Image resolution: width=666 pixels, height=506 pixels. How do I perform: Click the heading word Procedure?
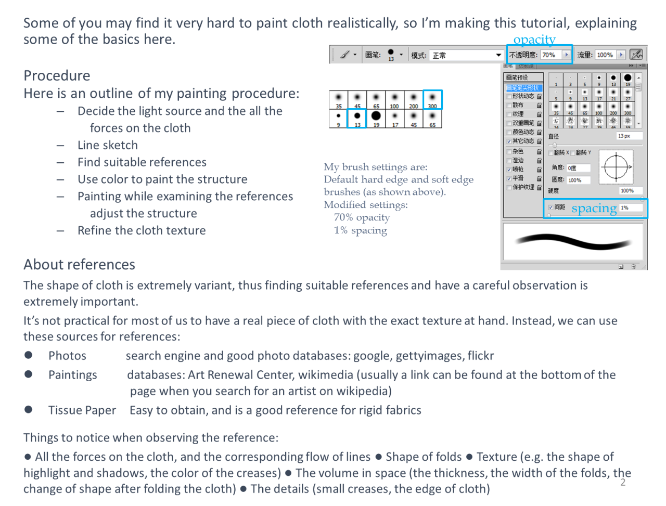click(x=57, y=76)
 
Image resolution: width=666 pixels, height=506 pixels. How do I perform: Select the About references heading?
click(x=79, y=265)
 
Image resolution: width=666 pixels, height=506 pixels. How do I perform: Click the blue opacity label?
click(x=534, y=40)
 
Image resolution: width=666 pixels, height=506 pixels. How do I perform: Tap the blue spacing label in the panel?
click(x=594, y=208)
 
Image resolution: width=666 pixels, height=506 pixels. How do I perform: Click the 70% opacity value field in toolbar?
click(x=549, y=55)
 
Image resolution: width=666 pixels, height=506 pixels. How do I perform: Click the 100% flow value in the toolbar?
click(x=605, y=55)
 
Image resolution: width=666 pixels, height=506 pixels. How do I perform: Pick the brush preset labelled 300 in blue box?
click(x=432, y=99)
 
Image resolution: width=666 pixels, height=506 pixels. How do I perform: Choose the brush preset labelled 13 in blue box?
click(x=357, y=118)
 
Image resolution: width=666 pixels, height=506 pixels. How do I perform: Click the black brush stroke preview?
click(x=572, y=242)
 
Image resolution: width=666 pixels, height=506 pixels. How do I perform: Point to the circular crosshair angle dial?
click(x=616, y=167)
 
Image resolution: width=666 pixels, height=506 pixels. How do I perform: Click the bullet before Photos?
click(x=29, y=355)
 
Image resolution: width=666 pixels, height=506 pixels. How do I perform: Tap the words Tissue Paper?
click(x=82, y=410)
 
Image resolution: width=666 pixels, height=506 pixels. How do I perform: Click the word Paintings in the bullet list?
click(x=73, y=375)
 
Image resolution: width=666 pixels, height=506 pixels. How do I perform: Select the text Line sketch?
click(x=108, y=145)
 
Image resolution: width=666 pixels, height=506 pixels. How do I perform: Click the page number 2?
click(x=623, y=483)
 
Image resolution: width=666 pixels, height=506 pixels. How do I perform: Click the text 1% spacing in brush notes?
click(x=361, y=230)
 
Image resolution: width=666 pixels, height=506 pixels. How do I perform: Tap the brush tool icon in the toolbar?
click(x=344, y=55)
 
